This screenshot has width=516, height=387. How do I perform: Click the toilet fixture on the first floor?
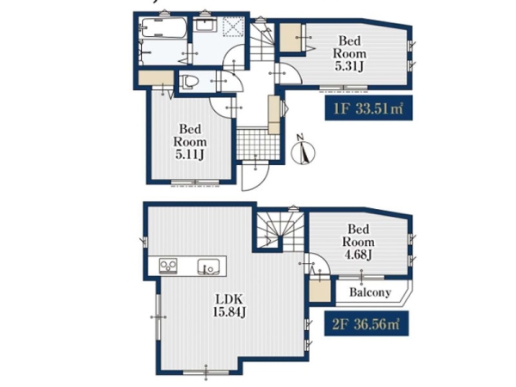click(x=188, y=82)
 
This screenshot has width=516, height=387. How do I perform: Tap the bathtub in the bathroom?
click(x=163, y=28)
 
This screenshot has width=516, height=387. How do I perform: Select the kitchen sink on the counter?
click(x=209, y=267)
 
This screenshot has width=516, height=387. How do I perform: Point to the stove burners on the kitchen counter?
click(x=169, y=267)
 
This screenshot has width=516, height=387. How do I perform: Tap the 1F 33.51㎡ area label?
click(x=369, y=108)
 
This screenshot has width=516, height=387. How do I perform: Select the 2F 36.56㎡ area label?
click(x=366, y=324)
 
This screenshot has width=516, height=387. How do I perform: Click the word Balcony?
click(x=370, y=292)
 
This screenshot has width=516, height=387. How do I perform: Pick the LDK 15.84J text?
click(x=229, y=306)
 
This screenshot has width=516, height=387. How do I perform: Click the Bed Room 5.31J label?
click(x=349, y=53)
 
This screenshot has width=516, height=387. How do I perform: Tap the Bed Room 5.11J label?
click(x=190, y=142)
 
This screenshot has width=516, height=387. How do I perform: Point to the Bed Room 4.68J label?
click(x=358, y=242)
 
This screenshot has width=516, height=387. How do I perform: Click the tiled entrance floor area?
click(x=258, y=144)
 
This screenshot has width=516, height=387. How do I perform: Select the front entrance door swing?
click(x=255, y=175)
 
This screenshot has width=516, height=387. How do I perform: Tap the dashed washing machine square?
click(x=233, y=26)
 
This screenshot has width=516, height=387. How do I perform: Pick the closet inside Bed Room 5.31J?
click(x=291, y=37)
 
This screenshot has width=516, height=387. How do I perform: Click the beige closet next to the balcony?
click(x=320, y=290)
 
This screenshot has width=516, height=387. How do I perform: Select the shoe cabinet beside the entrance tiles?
click(x=273, y=114)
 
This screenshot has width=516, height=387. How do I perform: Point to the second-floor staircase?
click(x=280, y=231)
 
